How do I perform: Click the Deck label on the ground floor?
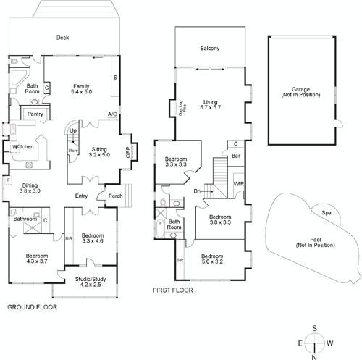pyautogui.click(x=63, y=39)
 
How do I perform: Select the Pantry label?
pyautogui.click(x=34, y=114)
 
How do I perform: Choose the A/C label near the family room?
pyautogui.click(x=112, y=114)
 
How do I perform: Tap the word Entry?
pyautogui.click(x=81, y=196)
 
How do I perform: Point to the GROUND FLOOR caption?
pyautogui.click(x=32, y=307)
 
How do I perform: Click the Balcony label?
pyautogui.click(x=210, y=49)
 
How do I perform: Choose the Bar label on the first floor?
pyautogui.click(x=235, y=155)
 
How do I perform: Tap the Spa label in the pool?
pyautogui.click(x=327, y=212)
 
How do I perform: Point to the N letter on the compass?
pyautogui.click(x=314, y=356)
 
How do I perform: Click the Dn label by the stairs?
pyautogui.click(x=197, y=191)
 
